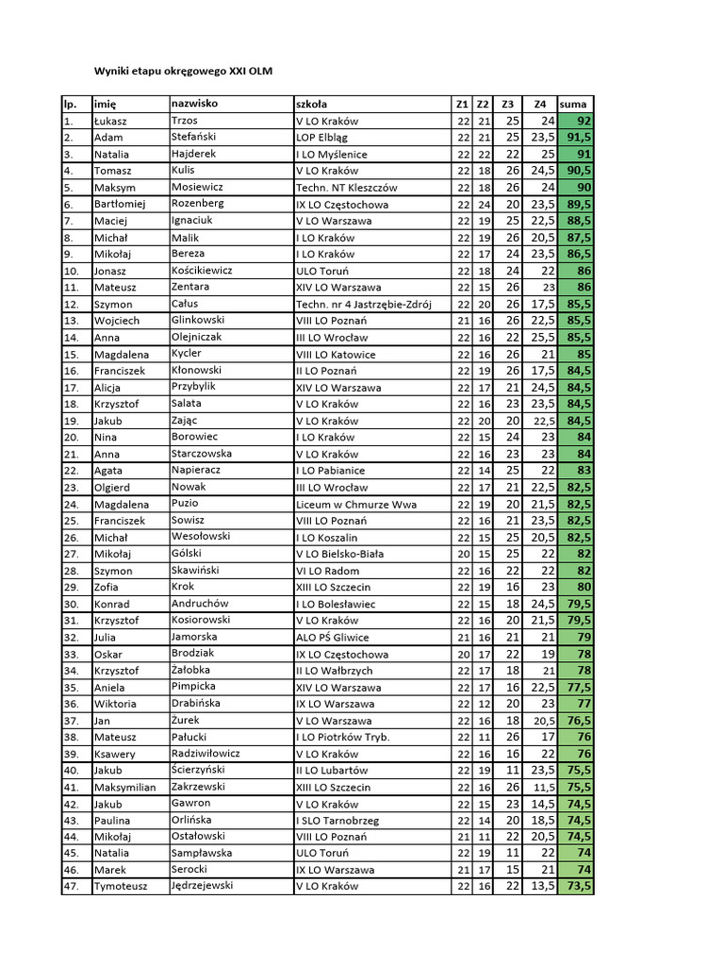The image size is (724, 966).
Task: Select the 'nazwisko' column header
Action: [194, 103]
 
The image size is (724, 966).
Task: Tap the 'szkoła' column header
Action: [312, 104]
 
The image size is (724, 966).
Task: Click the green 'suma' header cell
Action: [573, 104]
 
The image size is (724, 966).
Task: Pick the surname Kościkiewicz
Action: [202, 270]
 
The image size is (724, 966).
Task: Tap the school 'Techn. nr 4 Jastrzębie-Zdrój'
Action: [363, 304]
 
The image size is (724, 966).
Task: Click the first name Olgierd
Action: [113, 488]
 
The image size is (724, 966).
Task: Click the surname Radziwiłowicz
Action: [206, 753]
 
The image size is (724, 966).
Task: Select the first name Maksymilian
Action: [125, 787]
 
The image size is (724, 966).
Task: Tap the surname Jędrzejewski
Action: [202, 885]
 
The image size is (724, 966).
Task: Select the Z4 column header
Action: [539, 104]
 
